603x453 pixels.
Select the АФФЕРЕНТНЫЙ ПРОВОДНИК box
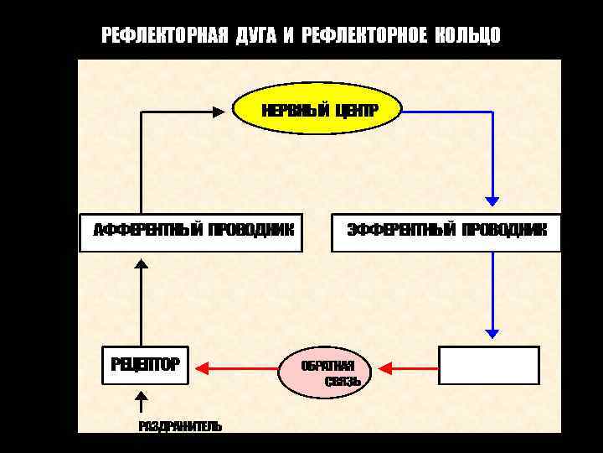tap(193, 230)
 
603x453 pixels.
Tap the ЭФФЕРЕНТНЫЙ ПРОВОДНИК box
tap(446, 230)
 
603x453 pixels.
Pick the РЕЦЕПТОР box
tap(145, 365)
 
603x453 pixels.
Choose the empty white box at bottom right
tap(489, 365)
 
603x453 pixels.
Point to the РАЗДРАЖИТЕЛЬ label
tap(180, 426)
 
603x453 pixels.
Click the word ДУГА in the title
tap(255, 35)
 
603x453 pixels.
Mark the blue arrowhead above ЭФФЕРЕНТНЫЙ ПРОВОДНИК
tap(492, 200)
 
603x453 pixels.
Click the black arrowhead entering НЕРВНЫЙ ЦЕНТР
tap(223, 111)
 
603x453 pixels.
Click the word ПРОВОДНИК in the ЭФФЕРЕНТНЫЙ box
tap(504, 230)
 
